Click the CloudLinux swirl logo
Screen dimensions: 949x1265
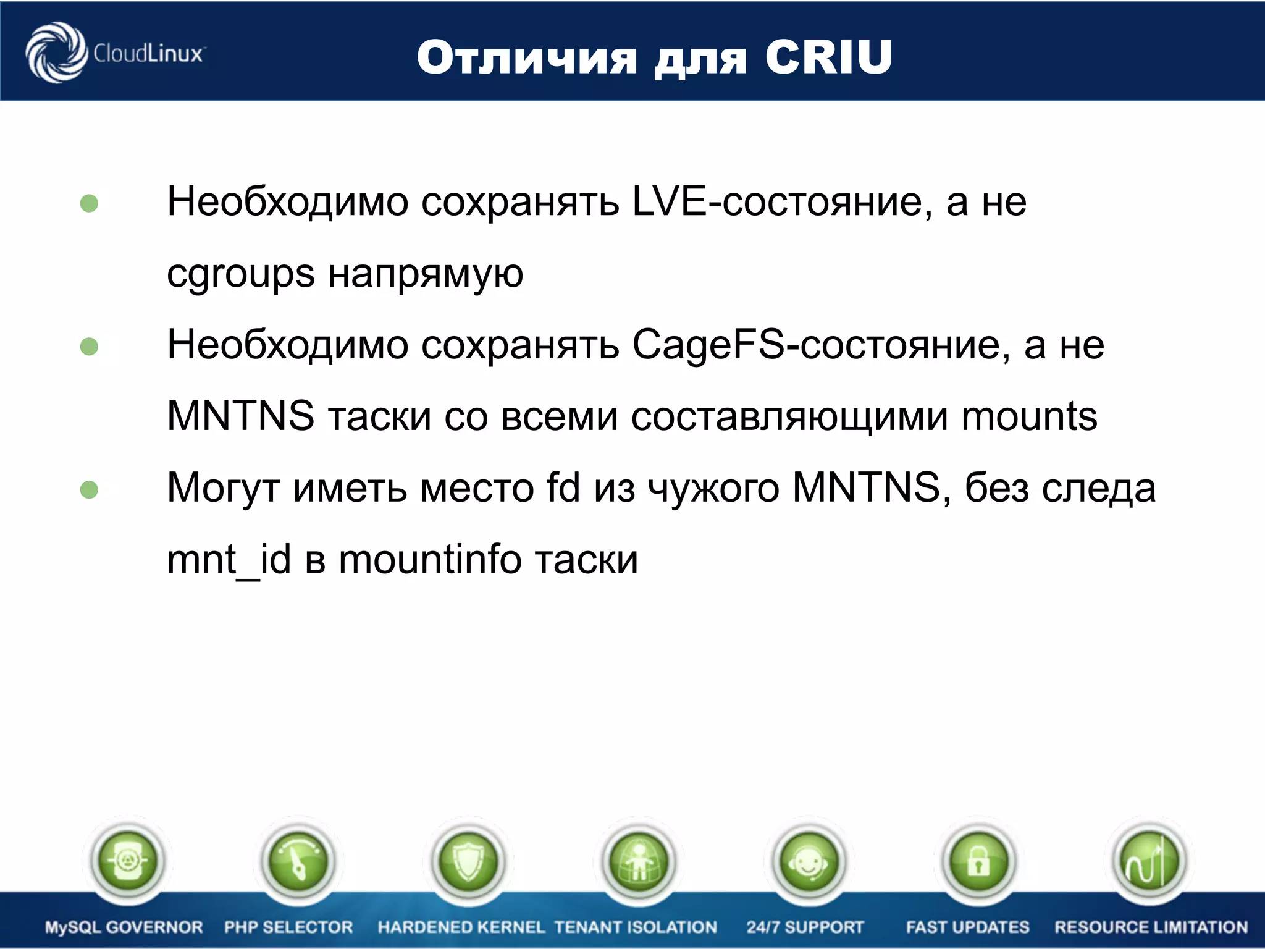pos(56,53)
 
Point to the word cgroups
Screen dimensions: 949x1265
pos(241,274)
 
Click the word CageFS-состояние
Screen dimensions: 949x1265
pos(821,345)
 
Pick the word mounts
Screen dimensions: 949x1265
pos(1029,416)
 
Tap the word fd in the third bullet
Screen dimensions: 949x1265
pos(563,488)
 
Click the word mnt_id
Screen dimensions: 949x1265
pos(229,560)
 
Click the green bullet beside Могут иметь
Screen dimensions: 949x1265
pos(90,490)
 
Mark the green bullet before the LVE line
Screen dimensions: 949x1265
pos(90,203)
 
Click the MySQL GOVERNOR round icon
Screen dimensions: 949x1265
pos(127,861)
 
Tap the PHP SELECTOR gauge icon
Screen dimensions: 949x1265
pos(298,861)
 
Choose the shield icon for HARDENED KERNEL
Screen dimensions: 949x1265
pos(468,861)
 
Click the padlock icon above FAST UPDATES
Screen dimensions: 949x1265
pos(978,861)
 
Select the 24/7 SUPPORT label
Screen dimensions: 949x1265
pos(805,927)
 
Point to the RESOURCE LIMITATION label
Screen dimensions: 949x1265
pos(1151,927)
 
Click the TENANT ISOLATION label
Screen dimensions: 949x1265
pos(636,927)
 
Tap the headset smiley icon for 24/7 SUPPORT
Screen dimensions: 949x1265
pos(809,861)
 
